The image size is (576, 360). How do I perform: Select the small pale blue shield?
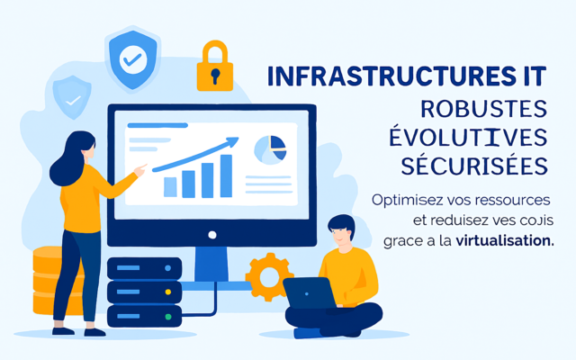pyautogui.click(x=71, y=97)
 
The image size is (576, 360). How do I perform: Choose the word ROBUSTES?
pyautogui.click(x=484, y=109)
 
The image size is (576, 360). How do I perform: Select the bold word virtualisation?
pyautogui.click(x=505, y=241)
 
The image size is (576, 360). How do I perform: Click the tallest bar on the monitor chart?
pyautogui.click(x=226, y=175)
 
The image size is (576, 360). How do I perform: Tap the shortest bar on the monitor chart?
pyautogui.click(x=170, y=186)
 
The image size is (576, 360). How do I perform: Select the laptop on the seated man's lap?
pyautogui.click(x=309, y=292)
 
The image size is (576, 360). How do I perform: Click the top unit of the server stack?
pyautogui.click(x=144, y=268)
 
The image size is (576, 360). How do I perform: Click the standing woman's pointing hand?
pyautogui.click(x=139, y=169)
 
